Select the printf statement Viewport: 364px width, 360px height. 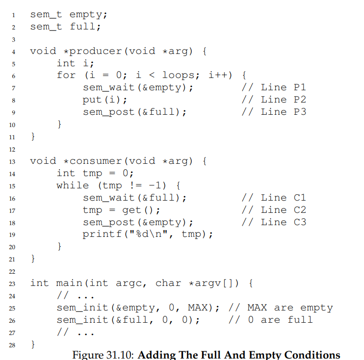148,234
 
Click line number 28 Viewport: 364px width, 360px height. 12,345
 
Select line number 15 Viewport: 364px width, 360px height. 12,186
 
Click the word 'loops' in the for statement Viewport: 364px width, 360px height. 178,75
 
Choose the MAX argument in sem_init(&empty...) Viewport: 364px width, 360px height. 198,308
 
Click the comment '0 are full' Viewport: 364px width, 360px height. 280,320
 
